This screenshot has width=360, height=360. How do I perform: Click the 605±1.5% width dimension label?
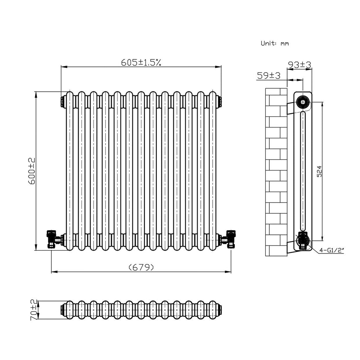(x=141, y=63)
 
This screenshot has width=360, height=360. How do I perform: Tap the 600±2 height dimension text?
(x=31, y=171)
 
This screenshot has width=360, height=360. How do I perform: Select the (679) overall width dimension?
(x=141, y=268)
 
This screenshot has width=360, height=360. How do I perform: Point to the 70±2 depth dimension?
(x=34, y=310)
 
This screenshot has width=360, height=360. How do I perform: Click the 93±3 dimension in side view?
(x=300, y=65)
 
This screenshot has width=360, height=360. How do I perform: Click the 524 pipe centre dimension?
(x=319, y=172)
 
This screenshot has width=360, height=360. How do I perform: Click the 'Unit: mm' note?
(x=275, y=43)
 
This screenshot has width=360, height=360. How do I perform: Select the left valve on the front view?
(x=52, y=239)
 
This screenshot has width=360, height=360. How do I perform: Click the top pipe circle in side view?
(x=302, y=102)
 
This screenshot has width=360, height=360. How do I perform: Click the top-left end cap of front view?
(x=63, y=101)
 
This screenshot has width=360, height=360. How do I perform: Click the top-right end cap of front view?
(x=219, y=101)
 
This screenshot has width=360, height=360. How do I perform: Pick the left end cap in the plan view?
(x=63, y=310)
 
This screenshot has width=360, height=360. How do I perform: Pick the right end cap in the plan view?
(x=220, y=310)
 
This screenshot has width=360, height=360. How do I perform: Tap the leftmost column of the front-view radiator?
(x=70, y=171)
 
